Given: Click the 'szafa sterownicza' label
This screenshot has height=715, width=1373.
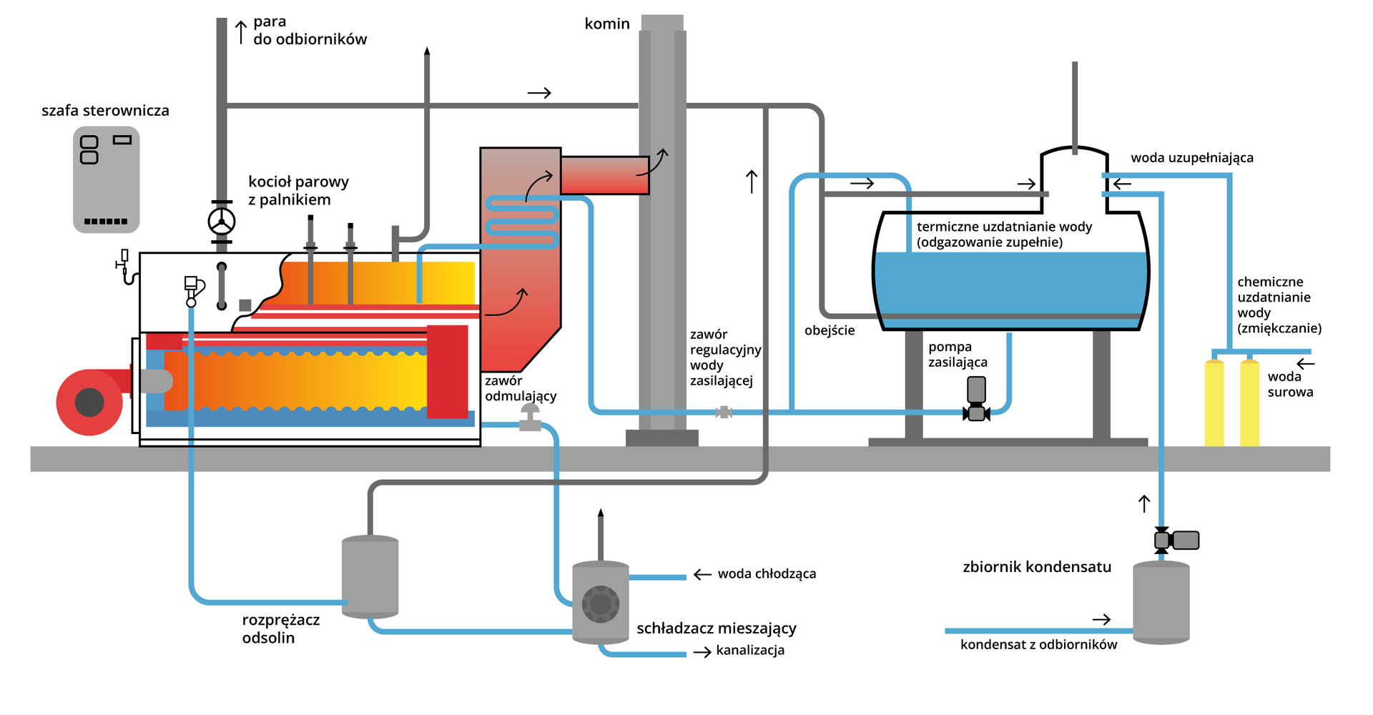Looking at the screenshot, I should point(105,111).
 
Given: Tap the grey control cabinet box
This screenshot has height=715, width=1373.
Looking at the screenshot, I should point(106,179).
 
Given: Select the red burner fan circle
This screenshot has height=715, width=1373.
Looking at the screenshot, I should point(89,402).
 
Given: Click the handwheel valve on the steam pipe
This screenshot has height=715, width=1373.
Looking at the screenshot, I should point(222,222).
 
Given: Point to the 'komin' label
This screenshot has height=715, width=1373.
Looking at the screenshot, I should point(607,24).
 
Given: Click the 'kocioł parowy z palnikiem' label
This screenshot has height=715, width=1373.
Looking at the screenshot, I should point(298,191).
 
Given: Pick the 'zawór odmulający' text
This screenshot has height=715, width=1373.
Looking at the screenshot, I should point(520,388).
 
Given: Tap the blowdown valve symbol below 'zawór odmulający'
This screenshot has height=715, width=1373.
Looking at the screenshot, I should point(530,418).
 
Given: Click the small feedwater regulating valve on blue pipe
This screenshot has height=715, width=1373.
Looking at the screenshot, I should point(724,412).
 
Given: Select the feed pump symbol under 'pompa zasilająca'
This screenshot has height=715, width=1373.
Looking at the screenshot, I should point(976,400).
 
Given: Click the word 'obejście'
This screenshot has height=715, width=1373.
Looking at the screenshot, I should point(830,330).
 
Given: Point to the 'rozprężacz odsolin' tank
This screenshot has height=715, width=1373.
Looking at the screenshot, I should point(370,576).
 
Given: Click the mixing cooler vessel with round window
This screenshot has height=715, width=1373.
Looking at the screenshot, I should point(601,602).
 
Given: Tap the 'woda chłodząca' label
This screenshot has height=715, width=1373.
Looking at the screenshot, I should point(767,573).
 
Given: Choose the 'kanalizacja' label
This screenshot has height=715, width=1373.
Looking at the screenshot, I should point(750,650).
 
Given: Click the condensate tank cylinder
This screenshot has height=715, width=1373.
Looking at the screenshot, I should point(1161,602).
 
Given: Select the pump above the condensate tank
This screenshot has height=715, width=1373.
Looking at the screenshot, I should point(1176,540).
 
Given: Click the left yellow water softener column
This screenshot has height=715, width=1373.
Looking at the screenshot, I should point(1214,404).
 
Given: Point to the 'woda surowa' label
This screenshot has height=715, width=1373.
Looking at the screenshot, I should point(1290,384).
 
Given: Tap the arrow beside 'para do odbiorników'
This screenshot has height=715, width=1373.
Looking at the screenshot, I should point(241,31).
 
